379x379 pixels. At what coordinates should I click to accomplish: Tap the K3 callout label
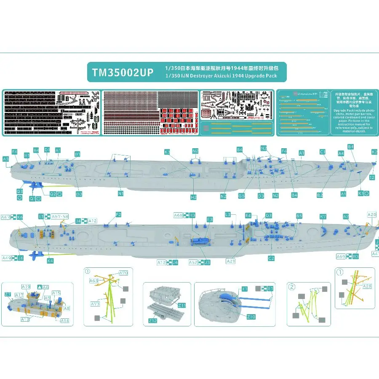click(167, 152)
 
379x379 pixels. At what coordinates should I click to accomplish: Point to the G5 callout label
click(242, 196)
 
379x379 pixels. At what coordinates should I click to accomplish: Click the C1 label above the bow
click(323, 152)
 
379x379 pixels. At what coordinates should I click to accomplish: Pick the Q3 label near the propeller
click(20, 191)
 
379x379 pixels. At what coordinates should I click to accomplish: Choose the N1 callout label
click(120, 194)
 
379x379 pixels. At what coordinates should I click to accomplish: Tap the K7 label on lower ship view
click(323, 217)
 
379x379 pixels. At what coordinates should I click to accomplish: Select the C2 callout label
click(271, 258)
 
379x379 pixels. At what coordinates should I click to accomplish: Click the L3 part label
click(228, 215)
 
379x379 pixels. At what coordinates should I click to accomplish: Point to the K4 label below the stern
click(51, 261)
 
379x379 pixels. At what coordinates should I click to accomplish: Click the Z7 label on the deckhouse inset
click(8, 294)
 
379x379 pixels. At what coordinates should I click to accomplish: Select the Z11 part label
click(182, 304)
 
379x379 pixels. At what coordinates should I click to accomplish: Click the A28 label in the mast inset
click(367, 286)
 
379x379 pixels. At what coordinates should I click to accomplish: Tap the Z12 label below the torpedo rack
click(152, 321)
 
